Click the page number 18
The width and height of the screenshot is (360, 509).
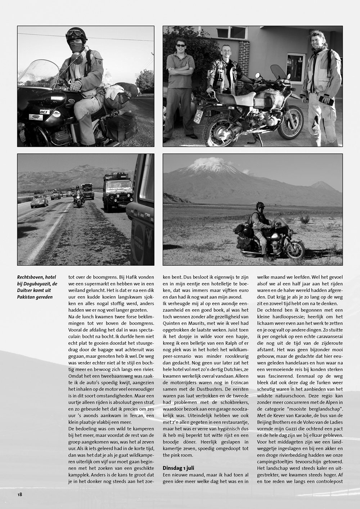click(x=19, y=494)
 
